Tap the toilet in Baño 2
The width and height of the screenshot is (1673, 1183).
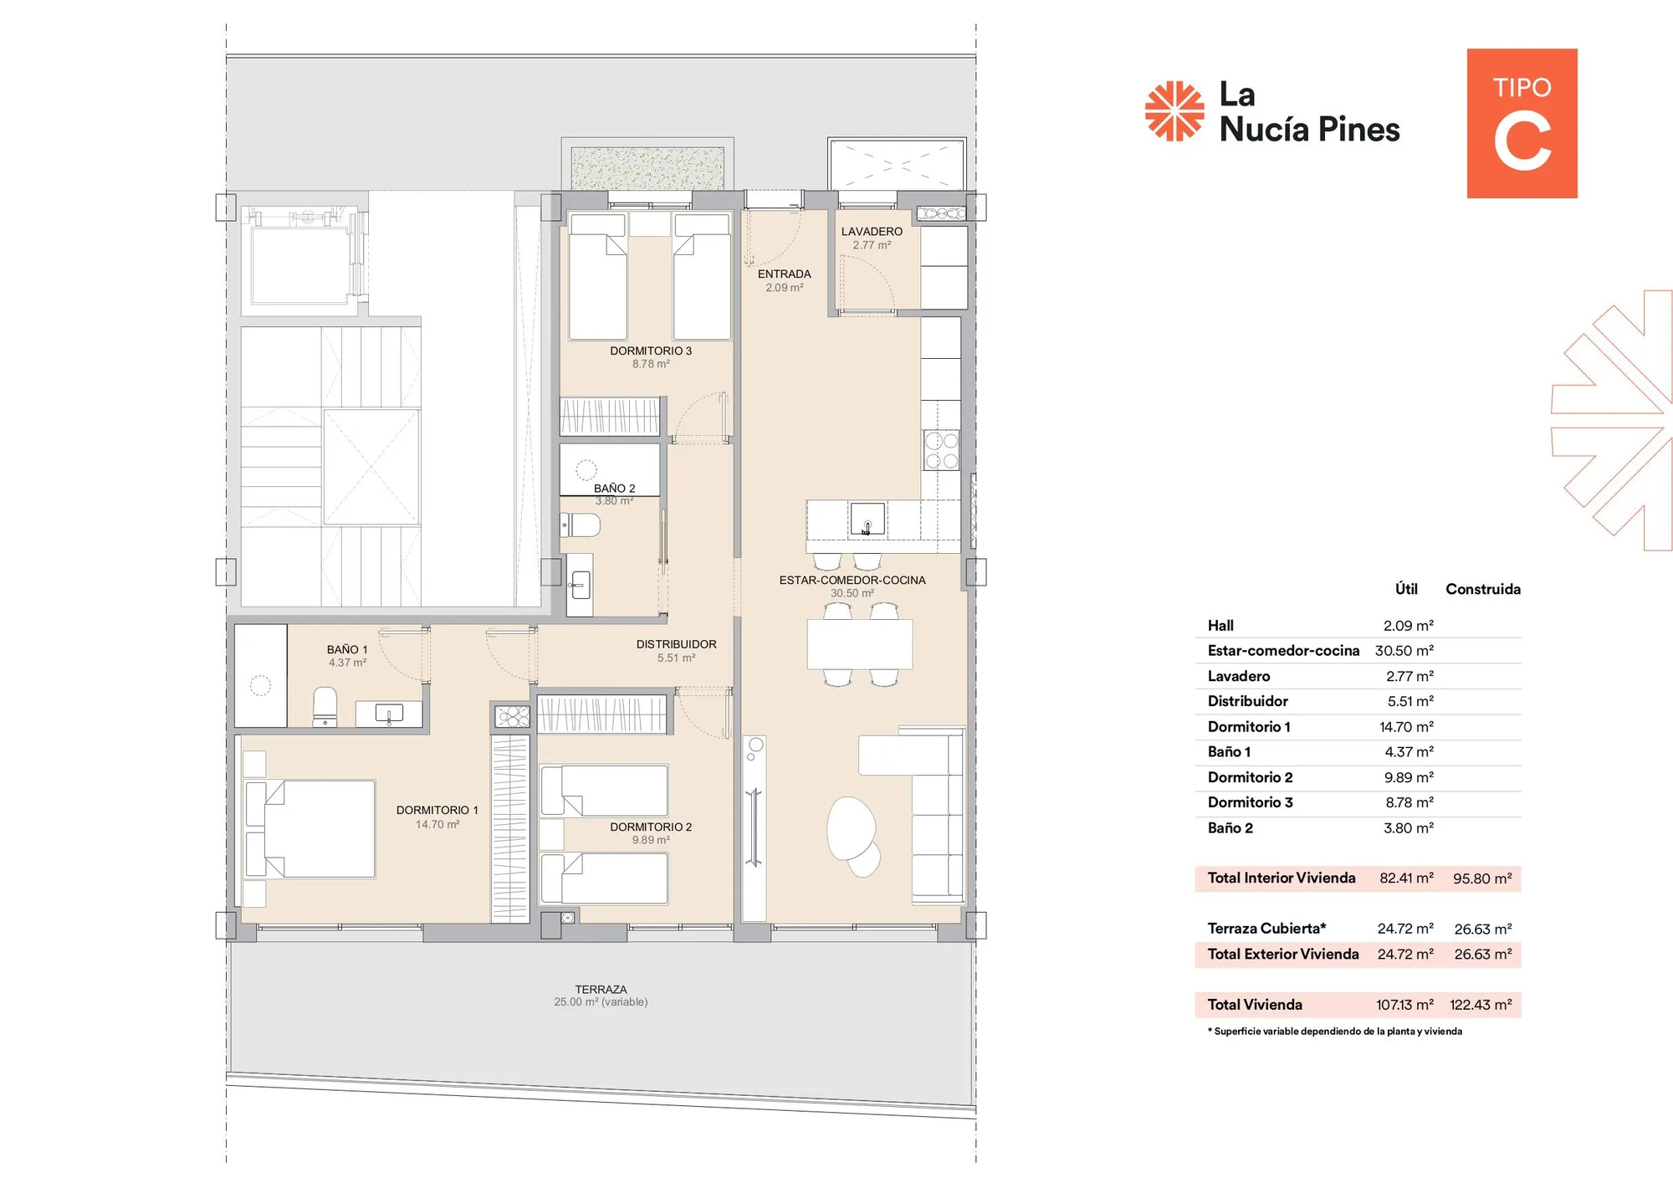click(581, 525)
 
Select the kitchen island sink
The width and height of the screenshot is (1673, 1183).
click(867, 520)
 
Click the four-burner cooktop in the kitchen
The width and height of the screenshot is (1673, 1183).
click(942, 450)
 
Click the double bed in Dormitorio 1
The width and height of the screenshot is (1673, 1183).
click(310, 829)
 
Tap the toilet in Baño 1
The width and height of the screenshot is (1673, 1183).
click(325, 707)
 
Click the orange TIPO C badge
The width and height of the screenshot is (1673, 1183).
click(1522, 123)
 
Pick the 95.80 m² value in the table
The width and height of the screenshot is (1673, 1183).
click(1482, 878)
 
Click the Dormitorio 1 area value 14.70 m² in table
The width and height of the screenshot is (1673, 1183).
click(1406, 727)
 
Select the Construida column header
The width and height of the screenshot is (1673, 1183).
click(1483, 589)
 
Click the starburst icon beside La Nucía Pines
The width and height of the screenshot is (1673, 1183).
click(1174, 110)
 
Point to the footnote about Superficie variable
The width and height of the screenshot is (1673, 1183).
click(1335, 1032)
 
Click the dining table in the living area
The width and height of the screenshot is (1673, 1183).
click(860, 643)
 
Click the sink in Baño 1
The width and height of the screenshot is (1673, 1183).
click(389, 714)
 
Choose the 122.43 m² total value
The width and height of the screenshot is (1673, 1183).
click(1481, 1005)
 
